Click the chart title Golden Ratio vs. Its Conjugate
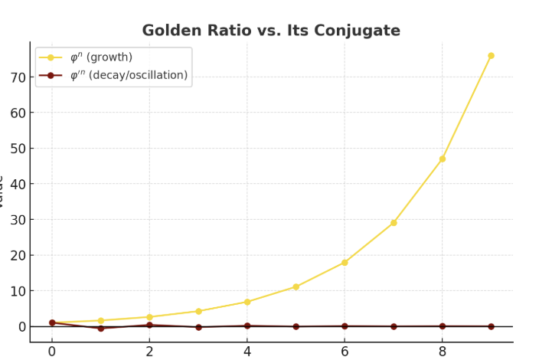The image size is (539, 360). [x=271, y=31]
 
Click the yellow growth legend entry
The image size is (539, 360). [x=100, y=57]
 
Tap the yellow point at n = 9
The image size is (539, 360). [x=491, y=56]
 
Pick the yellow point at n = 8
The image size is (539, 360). [x=443, y=159]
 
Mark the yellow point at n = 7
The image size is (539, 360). [x=394, y=223]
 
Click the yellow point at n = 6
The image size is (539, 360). [x=345, y=263]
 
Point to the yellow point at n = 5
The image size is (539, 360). [x=296, y=287]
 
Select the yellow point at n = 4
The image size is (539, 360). [x=247, y=302]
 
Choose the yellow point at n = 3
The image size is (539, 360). [x=198, y=311]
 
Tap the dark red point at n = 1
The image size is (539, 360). [x=100, y=329]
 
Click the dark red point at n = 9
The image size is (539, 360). [x=491, y=326]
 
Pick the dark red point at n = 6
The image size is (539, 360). [x=345, y=326]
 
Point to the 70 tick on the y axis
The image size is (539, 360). [x=18, y=77]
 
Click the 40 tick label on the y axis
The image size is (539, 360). [x=18, y=184]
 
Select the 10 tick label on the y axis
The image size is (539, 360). [x=18, y=291]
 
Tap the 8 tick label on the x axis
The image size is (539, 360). [x=443, y=351]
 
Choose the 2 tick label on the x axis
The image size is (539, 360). [x=149, y=351]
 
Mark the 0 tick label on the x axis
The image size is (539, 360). [x=52, y=351]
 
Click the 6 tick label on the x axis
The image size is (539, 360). [x=345, y=351]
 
